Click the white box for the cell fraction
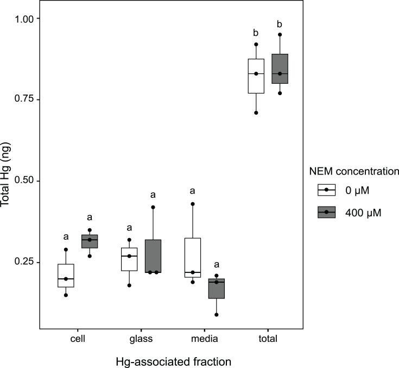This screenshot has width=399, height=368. [x=66, y=276]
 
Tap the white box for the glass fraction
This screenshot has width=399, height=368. [x=129, y=259]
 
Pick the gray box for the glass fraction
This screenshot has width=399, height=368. [x=153, y=256]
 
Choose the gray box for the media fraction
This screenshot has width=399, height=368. [x=217, y=289]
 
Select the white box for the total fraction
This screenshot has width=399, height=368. [x=256, y=76]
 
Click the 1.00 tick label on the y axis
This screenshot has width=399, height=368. [x=24, y=18]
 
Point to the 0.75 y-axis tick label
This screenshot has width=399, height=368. [x=24, y=99]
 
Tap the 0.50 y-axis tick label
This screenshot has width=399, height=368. [x=24, y=180]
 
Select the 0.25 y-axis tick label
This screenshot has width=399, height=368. [x=24, y=262]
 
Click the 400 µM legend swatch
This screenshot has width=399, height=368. [x=326, y=212]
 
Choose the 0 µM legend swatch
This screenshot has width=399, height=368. [x=326, y=190]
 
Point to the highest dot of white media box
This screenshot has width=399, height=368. [x=193, y=204]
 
